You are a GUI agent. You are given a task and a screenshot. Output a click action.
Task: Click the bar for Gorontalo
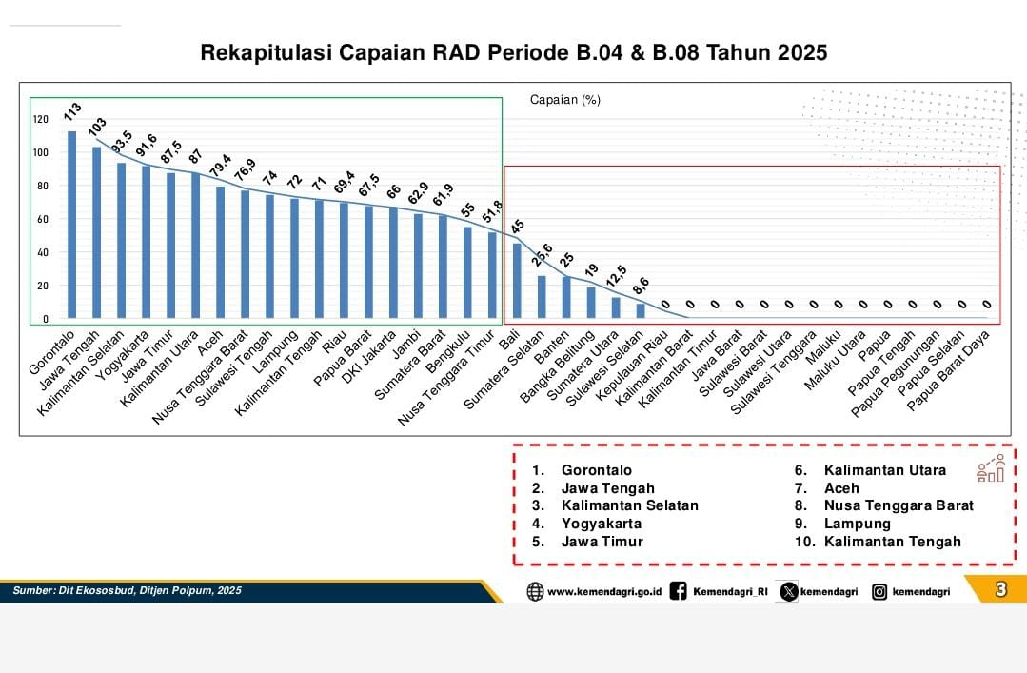71,225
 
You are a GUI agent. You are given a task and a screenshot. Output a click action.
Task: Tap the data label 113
72,111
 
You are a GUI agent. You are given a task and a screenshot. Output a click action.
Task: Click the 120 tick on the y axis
40,119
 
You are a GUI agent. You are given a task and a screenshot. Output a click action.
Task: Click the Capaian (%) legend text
564,99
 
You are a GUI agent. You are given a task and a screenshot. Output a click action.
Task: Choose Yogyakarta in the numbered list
601,524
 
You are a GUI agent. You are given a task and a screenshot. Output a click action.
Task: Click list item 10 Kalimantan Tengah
892,542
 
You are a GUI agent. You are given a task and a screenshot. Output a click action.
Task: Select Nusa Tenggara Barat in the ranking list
899,505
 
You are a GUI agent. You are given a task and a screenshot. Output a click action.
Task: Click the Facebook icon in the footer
679,591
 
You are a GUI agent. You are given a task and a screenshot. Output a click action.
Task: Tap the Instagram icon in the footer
879,591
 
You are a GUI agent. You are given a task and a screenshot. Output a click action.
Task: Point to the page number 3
1000,589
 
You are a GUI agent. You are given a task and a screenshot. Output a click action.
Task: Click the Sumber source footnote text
127,591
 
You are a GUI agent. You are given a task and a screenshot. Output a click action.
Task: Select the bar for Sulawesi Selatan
641,310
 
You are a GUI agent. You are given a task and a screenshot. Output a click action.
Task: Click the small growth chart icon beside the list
990,468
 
